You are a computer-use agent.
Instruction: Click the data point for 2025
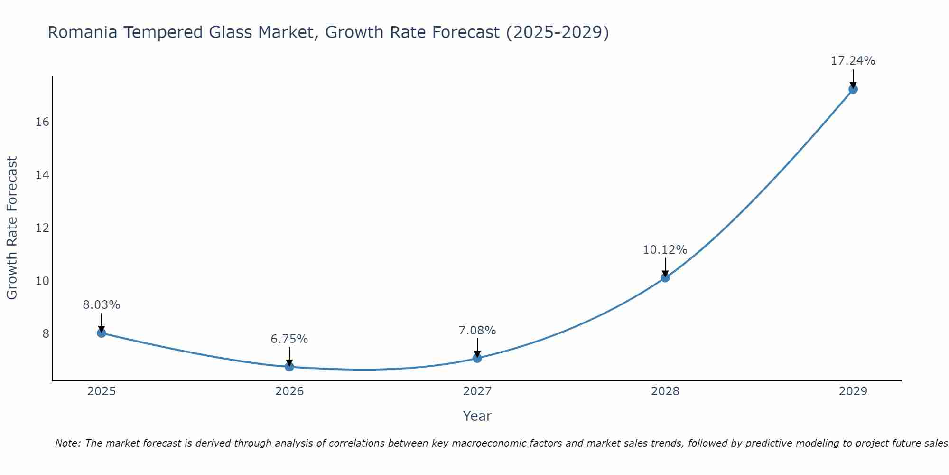[x=102, y=333]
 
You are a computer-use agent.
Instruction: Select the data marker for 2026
[x=289, y=367]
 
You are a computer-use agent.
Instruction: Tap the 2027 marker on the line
[x=477, y=358]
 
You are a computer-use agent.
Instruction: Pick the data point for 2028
[x=665, y=277]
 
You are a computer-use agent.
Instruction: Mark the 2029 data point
[x=853, y=89]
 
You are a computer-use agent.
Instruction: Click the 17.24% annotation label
[x=853, y=61]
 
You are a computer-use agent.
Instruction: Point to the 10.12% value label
[x=665, y=250]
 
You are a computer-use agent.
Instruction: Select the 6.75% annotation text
[x=289, y=339]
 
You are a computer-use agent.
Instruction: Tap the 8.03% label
[x=102, y=305]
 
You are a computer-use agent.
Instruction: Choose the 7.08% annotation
[x=477, y=331]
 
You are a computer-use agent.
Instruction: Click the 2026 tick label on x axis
[x=289, y=391]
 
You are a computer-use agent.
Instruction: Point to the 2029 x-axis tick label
[x=853, y=391]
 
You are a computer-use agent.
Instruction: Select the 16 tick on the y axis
[x=42, y=122]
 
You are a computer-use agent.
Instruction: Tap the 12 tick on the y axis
[x=42, y=228]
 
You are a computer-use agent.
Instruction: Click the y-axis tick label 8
[x=46, y=334]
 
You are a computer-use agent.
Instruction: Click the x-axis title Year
[x=477, y=416]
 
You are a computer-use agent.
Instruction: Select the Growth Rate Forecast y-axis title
[x=12, y=228]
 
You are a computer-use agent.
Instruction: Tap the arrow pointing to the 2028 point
[x=665, y=267]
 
